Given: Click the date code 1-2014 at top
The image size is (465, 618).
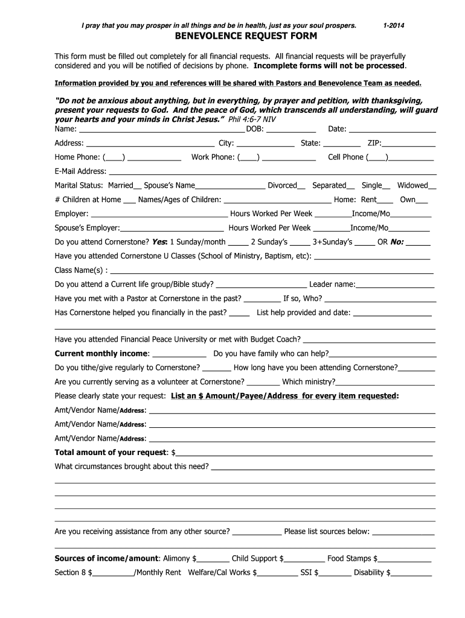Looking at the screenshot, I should click(394, 25).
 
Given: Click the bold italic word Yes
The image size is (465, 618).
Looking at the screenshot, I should click(159, 242).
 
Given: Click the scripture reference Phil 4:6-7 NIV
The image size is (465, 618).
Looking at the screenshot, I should click(257, 120).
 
